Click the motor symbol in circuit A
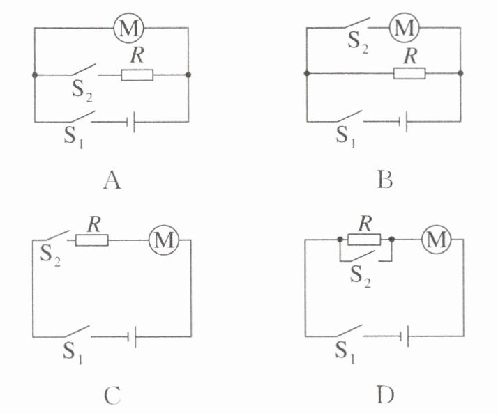[x=128, y=28]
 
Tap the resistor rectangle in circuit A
[x=137, y=75]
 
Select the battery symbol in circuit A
[x=131, y=122]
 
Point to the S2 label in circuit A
[x=82, y=92]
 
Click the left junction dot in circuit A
[x=35, y=75]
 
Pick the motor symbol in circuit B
[x=405, y=28]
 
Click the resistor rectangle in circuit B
[x=409, y=73]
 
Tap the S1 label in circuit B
[x=345, y=137]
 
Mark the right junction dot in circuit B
[x=460, y=73]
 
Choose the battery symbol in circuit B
[x=403, y=121]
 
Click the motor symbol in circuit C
[x=164, y=240]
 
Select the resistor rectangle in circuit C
[x=92, y=240]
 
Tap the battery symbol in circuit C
[x=132, y=336]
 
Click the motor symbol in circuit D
[x=437, y=240]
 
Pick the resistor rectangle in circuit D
[x=364, y=240]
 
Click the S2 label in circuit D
[x=360, y=276]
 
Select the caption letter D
[x=386, y=395]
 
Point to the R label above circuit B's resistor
[x=411, y=56]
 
